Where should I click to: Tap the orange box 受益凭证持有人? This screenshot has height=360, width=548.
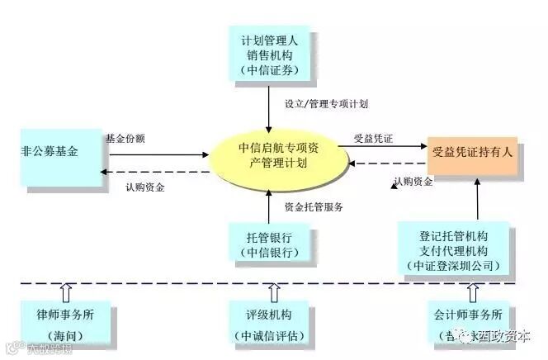point(473,153)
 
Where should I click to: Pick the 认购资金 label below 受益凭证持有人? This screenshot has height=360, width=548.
point(413,182)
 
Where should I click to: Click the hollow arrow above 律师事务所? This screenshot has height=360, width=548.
point(67,292)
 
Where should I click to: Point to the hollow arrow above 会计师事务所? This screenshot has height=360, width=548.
point(472,292)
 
